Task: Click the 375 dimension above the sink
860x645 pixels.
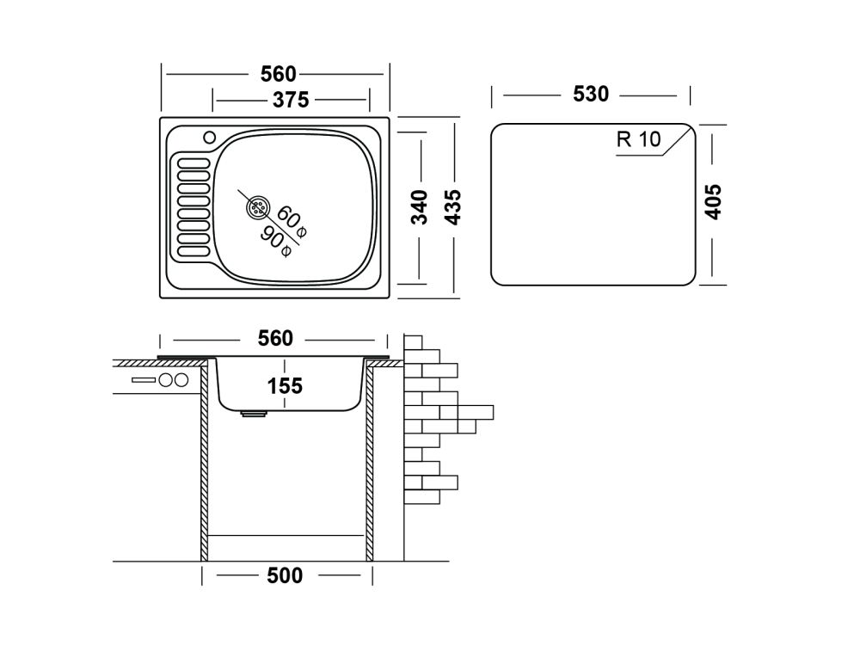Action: coord(292,100)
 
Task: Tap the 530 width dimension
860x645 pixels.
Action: coord(591,94)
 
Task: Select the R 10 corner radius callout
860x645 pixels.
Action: coord(638,139)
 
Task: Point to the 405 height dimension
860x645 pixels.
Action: coord(712,202)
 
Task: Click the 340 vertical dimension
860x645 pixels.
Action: coord(419,207)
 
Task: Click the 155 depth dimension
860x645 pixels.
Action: coord(286,386)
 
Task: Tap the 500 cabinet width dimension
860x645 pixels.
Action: coord(286,575)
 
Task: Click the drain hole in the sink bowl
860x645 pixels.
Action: coord(257,207)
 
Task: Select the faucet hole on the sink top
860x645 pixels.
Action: coord(208,137)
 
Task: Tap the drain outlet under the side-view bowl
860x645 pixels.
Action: coord(254,414)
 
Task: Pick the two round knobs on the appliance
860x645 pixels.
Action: coord(174,381)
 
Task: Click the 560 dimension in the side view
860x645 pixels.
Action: coord(275,339)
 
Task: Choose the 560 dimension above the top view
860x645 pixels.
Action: coord(275,74)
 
